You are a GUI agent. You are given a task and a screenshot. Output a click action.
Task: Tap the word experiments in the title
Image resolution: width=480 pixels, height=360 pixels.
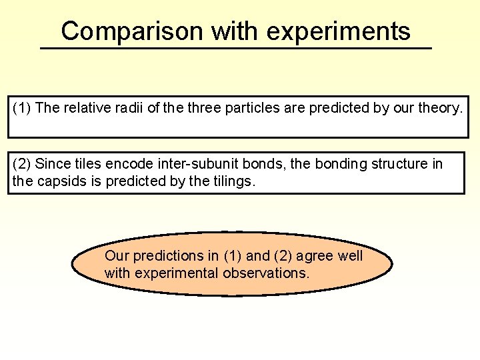pyautogui.click(x=338, y=31)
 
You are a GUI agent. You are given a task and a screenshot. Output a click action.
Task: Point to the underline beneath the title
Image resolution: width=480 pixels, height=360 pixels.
pyautogui.click(x=236, y=48)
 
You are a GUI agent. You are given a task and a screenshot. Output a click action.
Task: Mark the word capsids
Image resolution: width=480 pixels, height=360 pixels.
pyautogui.click(x=57, y=181)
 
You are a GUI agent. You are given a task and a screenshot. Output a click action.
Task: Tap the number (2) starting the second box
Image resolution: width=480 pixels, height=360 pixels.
pyautogui.click(x=21, y=164)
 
